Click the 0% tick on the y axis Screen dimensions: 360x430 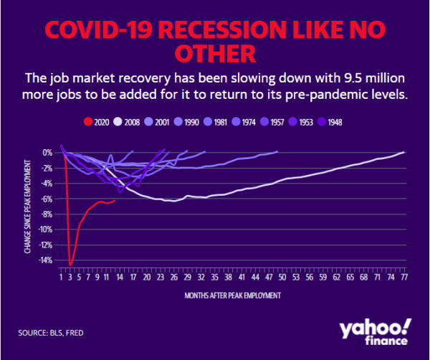48,152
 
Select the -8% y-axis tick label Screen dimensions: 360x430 47,214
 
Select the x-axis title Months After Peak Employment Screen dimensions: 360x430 232,295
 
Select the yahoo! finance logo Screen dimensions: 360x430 374,331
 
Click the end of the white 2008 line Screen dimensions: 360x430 405,152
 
